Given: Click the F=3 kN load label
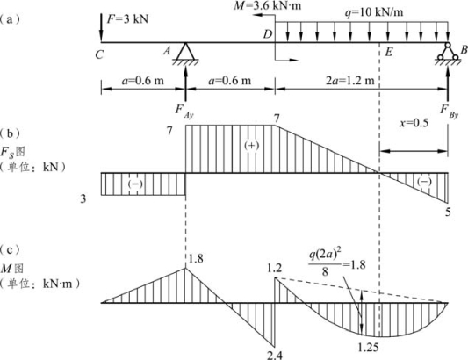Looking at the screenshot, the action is point(127,19).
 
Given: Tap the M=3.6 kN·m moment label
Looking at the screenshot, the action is point(268,5).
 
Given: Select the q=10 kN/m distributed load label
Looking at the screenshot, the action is point(374,12).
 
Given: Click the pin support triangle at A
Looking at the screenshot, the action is point(185,52).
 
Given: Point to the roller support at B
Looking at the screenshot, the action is point(448,51).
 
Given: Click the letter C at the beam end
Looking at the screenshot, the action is point(99,54).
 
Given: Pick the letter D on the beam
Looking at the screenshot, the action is point(268,34).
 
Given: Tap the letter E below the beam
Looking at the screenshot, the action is point(389,52).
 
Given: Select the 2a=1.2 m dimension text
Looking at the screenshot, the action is point(349,80).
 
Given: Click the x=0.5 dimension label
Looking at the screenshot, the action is point(414,123).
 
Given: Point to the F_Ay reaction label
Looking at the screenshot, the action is point(184,112).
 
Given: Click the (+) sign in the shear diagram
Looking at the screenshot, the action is point(251,146).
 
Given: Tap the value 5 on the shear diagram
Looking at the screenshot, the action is point(448,212).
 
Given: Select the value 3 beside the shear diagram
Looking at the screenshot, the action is point(83,198).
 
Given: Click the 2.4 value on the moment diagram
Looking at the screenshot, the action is point(274,355).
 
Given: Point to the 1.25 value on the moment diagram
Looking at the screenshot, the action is point(368,347).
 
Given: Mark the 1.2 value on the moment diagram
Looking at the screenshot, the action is point(274,268).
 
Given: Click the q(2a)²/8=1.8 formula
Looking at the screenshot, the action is point(336,263).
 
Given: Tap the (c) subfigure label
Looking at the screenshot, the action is point(11,249).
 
